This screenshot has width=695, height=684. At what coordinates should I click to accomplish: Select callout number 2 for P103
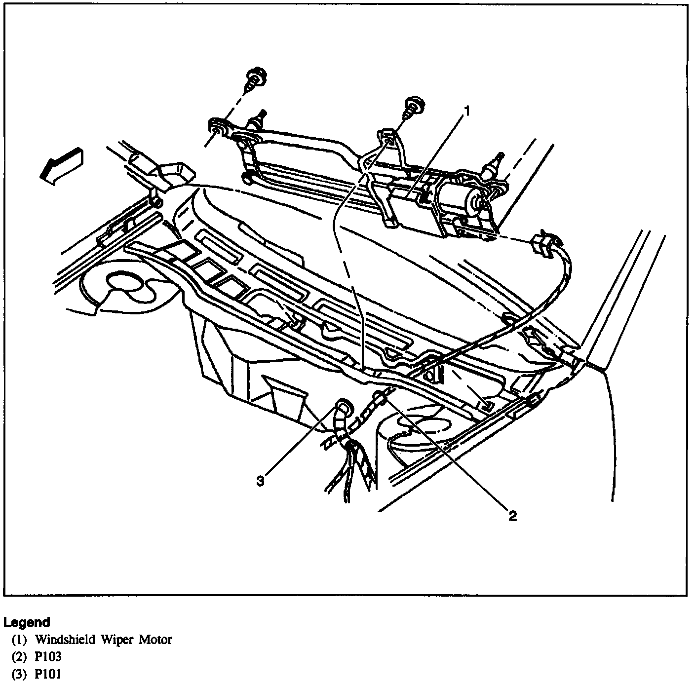(513, 516)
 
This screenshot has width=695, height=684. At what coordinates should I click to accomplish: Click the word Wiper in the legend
(116, 640)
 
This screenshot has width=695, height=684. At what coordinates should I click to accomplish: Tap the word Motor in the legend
(155, 640)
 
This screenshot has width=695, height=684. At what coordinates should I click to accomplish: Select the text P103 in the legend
(48, 657)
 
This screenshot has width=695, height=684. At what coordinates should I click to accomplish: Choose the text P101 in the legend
(48, 674)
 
